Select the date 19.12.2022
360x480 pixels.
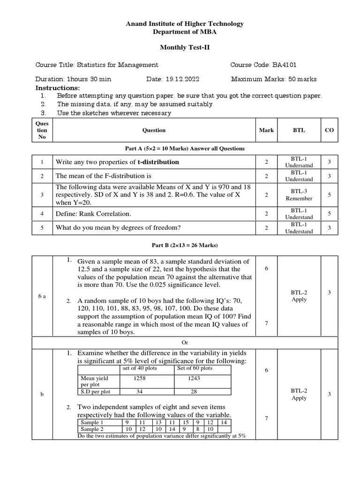pos(184,79)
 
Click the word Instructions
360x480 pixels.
pos(58,88)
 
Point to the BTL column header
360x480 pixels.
pos(299,130)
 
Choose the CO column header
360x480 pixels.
pos(329,130)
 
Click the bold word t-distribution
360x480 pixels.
pos(158,162)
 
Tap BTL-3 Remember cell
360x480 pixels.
pos(299,195)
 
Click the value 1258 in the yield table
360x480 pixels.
pos(140,378)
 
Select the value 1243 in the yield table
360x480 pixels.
pos(194,378)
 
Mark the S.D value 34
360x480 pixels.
pos(140,391)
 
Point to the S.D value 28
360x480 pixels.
pos(195,391)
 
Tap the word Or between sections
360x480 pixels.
pos(185,343)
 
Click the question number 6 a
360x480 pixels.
pos(42,296)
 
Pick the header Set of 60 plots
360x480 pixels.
pos(195,368)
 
